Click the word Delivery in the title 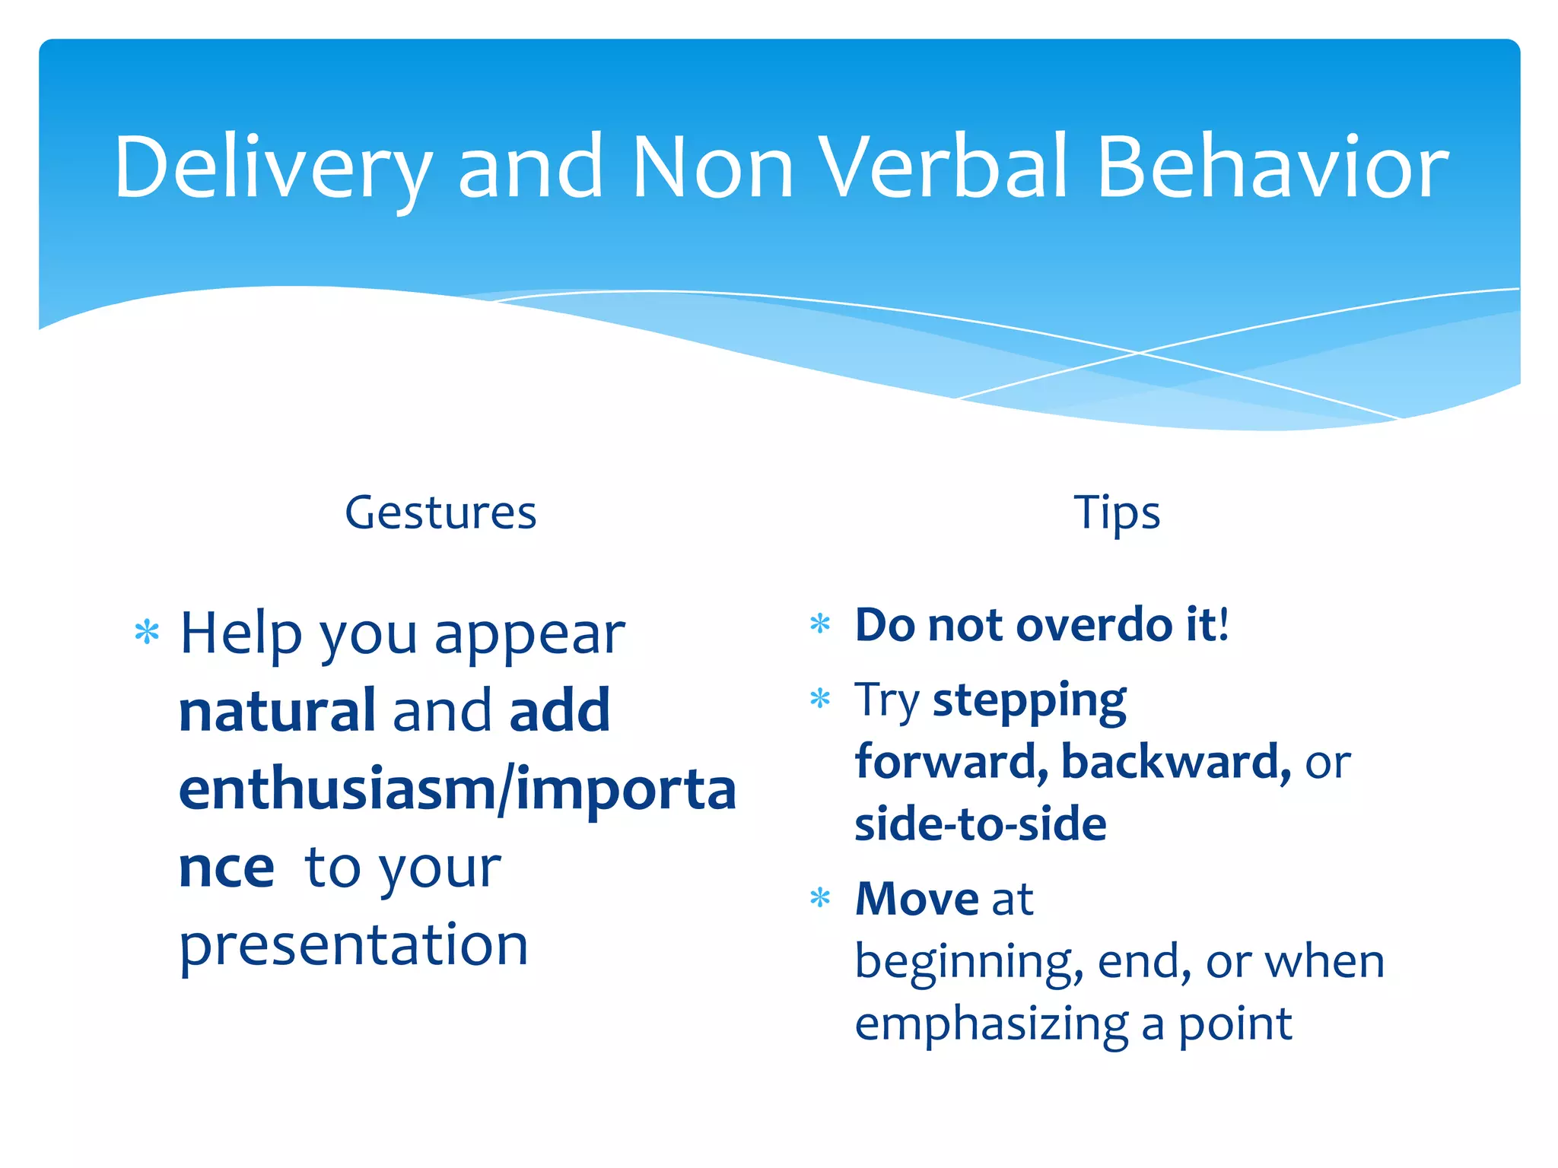pos(272,167)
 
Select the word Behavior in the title pos(1272,167)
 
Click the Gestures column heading pos(440,513)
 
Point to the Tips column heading pos(1116,513)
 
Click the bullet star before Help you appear pos(146,633)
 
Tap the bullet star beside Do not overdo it pos(820,624)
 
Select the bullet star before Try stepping pos(820,698)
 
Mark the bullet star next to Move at pos(820,898)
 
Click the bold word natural pos(277,711)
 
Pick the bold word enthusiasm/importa pos(456,789)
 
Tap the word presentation pos(353,945)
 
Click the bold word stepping pos(1029,701)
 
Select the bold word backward pos(1175,762)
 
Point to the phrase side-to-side pos(980,824)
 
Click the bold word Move pos(917,899)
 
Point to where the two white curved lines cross pos(1139,353)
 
